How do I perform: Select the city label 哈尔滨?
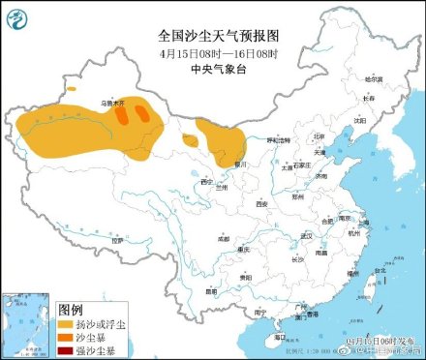point(374,78)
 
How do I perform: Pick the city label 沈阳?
point(359,121)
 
